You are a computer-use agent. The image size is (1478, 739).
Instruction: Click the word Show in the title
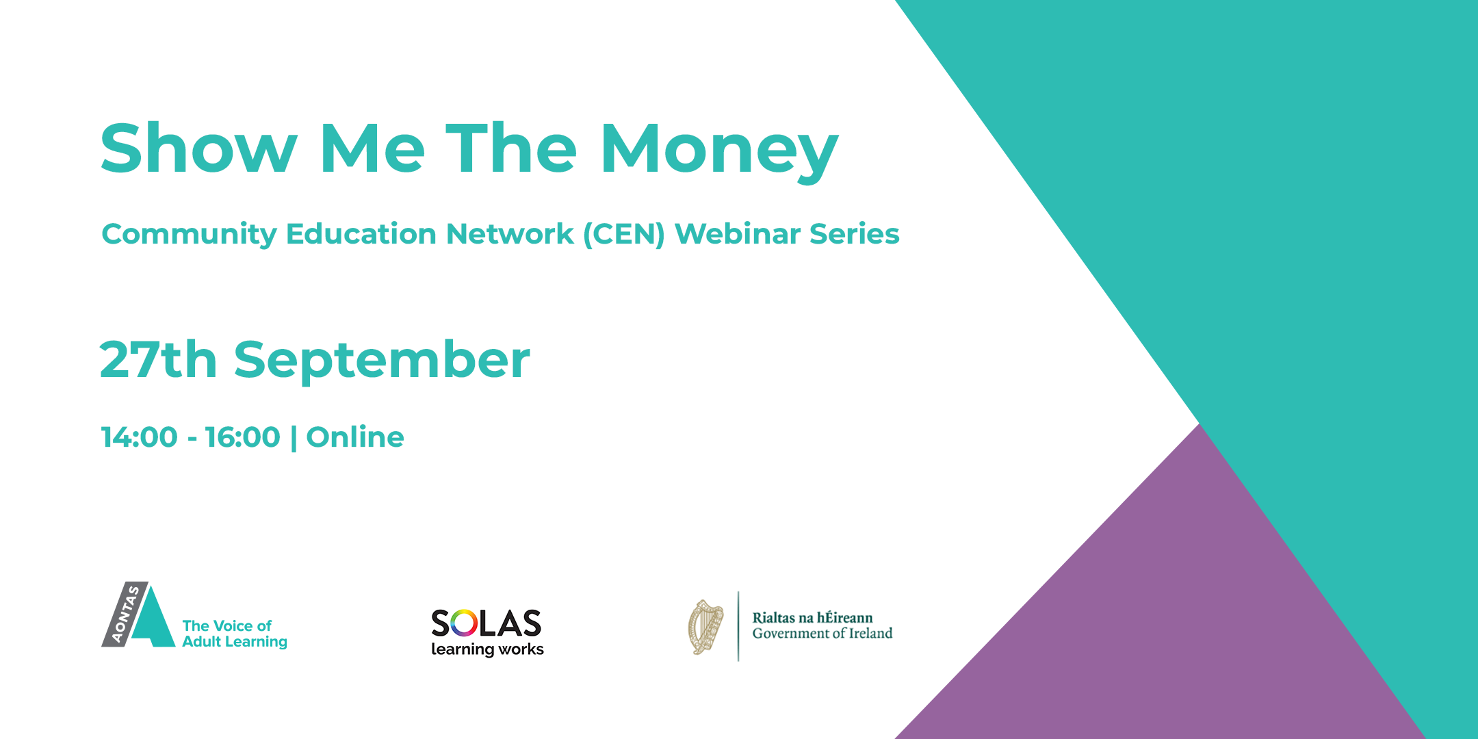199,148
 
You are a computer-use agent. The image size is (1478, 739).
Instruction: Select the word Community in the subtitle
189,235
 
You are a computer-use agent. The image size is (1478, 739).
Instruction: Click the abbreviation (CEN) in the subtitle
624,234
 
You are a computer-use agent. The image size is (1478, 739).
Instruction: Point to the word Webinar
738,233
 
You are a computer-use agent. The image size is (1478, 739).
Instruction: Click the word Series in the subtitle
855,233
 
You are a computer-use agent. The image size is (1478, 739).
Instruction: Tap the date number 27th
159,359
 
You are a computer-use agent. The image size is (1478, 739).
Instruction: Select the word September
382,361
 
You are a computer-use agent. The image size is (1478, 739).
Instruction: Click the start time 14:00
140,437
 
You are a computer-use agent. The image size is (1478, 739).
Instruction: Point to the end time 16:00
243,437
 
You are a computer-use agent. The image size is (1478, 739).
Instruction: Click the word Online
355,437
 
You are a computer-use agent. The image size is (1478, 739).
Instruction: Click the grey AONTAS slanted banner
125,614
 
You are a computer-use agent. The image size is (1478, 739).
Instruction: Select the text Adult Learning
235,642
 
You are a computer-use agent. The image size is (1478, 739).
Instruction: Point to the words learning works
487,649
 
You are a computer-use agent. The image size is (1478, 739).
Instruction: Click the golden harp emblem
705,627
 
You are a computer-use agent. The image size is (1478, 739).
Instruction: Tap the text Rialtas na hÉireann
812,617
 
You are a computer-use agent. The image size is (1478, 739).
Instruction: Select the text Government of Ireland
822,634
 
